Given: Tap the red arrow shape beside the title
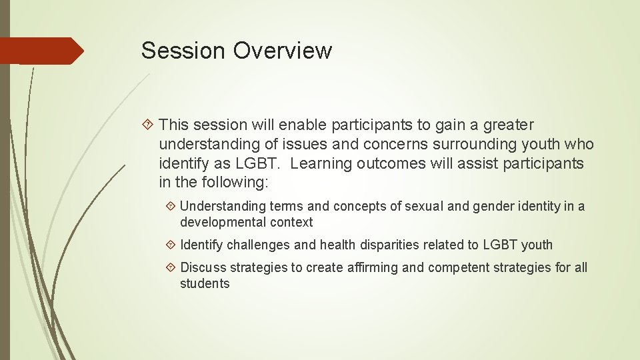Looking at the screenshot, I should coord(41,51).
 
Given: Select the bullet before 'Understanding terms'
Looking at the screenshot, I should coord(170,207).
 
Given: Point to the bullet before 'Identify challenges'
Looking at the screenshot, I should coord(170,245).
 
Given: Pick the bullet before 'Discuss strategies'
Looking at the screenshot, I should coord(170,267).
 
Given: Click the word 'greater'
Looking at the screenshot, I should coord(508,125).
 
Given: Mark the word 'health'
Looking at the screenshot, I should coord(338,245).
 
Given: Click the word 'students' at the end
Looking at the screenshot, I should coord(205,283).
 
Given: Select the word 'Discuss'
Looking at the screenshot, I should coord(203,267).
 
